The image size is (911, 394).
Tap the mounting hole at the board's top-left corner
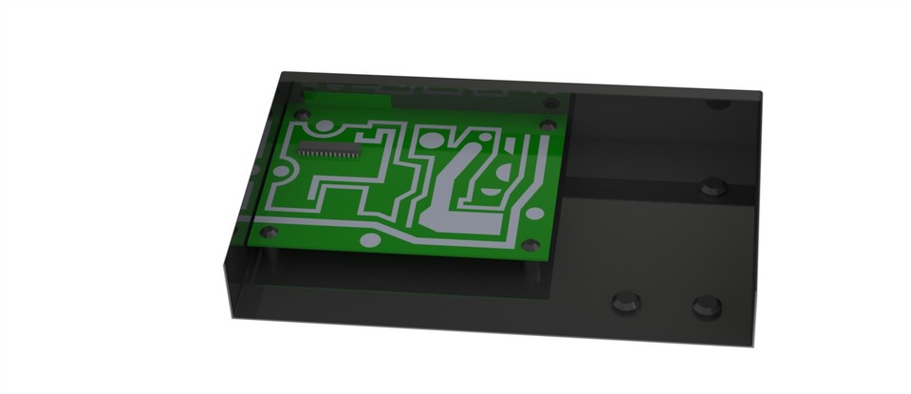[303, 114]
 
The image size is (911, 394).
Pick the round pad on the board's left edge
[283, 172]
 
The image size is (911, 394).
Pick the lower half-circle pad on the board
[492, 190]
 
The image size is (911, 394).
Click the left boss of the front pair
[625, 302]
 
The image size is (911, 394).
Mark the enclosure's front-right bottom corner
[755, 346]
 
